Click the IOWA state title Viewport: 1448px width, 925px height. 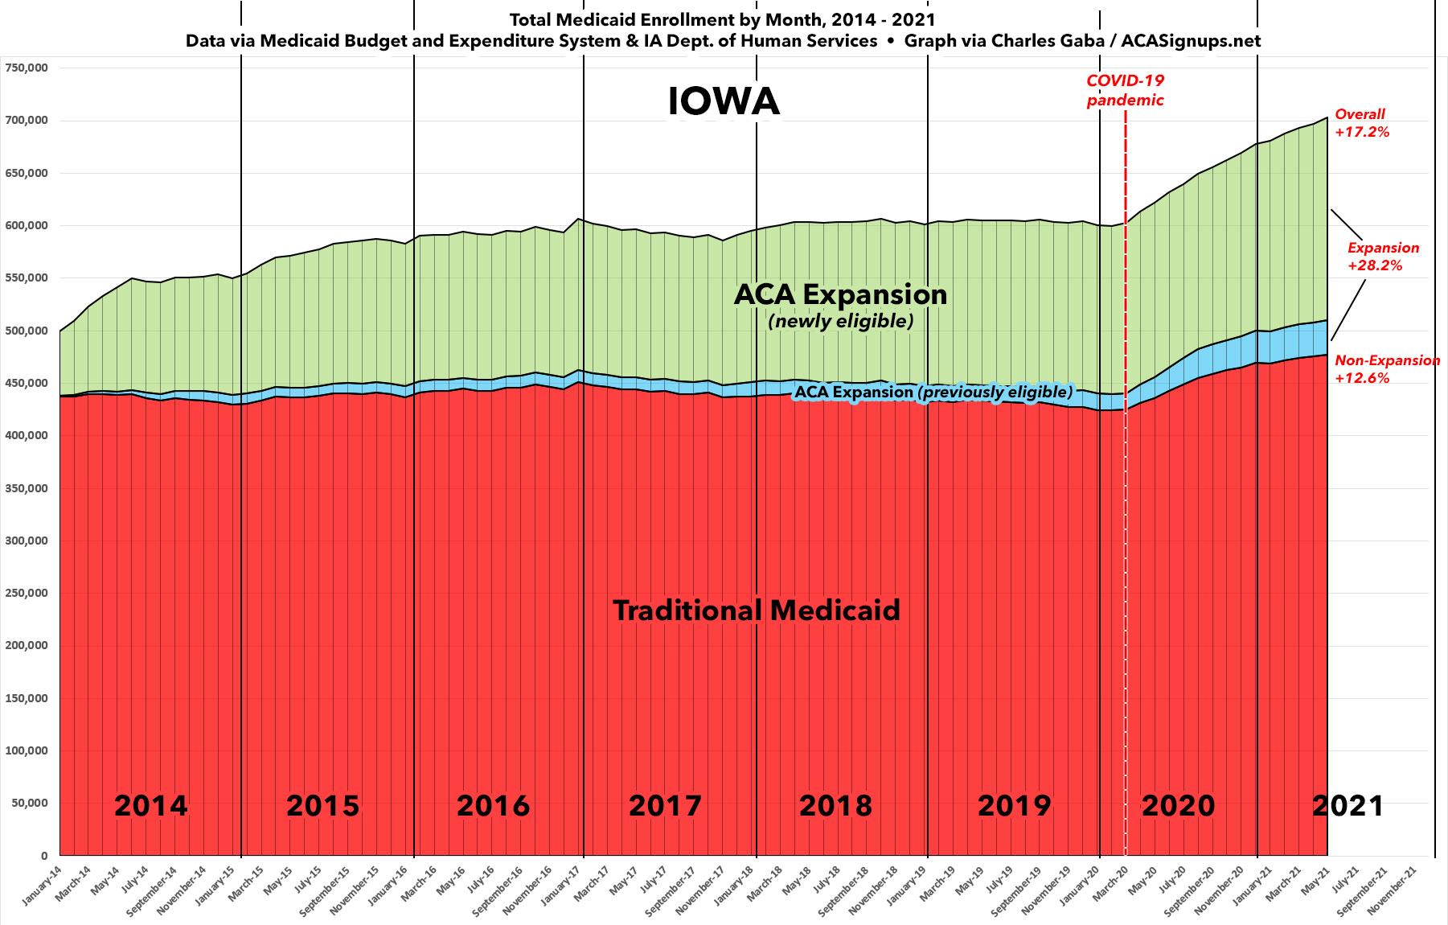click(x=724, y=102)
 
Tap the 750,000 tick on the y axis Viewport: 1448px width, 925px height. click(x=27, y=68)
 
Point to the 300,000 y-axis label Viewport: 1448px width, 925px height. click(x=27, y=541)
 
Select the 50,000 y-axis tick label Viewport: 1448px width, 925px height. click(x=30, y=803)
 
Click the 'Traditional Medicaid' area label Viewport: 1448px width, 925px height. click(x=757, y=610)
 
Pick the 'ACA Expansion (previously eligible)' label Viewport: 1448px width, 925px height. click(x=933, y=392)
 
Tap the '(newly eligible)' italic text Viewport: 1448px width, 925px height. click(x=841, y=322)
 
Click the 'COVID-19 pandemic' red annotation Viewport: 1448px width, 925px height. click(x=1125, y=90)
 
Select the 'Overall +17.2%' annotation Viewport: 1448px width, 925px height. click(x=1361, y=123)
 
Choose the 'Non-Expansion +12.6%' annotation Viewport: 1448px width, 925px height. click(x=1387, y=368)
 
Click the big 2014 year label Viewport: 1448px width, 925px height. click(x=150, y=805)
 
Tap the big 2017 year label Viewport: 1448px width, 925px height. click(x=665, y=805)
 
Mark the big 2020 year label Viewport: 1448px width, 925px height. click(x=1178, y=805)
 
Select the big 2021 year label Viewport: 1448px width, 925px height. click(x=1348, y=805)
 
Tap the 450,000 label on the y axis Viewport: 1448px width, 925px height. click(x=27, y=383)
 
